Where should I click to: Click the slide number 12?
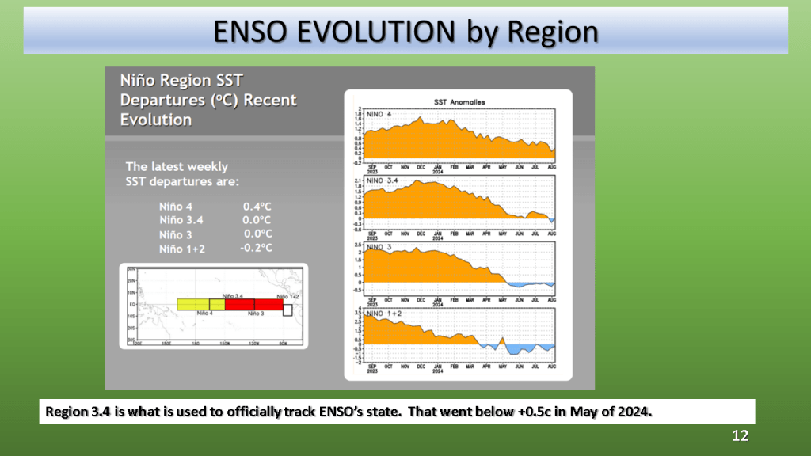tap(740, 436)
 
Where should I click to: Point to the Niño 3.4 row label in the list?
tap(181, 219)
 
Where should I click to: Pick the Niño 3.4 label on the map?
tap(231, 295)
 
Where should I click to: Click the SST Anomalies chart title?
tap(459, 101)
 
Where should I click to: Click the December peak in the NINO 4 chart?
tap(421, 118)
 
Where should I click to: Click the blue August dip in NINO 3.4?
tap(552, 221)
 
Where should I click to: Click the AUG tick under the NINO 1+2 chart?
tap(551, 367)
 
